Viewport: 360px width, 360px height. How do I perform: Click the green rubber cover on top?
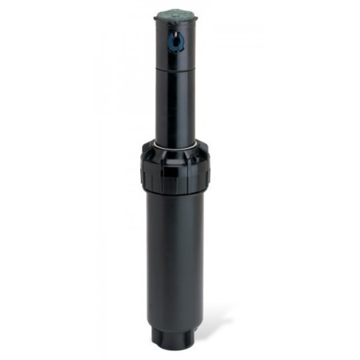176,14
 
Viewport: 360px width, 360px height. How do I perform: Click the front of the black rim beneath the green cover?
176,24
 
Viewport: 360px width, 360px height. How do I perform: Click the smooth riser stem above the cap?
174,104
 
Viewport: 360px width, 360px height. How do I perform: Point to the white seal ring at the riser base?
174,144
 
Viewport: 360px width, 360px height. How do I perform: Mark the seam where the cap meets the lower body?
174,194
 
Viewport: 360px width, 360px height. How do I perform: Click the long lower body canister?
174,255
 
